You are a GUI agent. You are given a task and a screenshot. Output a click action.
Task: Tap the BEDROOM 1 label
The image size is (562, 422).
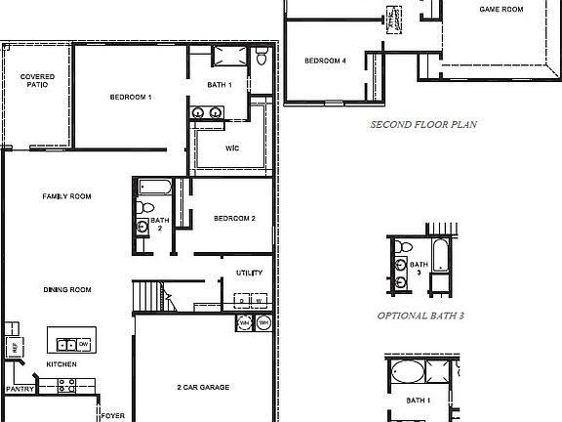tap(130, 97)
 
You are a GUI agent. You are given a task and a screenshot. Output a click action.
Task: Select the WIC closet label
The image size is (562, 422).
tap(232, 148)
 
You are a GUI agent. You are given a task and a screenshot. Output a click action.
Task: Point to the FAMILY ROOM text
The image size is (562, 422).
tap(66, 196)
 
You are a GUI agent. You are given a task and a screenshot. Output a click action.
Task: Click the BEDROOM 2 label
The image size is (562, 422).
tap(234, 218)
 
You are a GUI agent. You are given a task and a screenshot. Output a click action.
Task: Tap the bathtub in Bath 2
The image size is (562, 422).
tap(156, 186)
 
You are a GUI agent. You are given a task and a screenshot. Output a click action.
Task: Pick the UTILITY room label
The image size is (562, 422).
tap(249, 273)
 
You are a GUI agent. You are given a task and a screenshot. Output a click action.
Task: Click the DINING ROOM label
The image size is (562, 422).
tap(66, 290)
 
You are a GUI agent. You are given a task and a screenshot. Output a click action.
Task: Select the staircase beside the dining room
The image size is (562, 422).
tap(149, 294)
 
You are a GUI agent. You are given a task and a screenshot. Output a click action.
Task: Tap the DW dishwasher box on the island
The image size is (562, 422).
tap(84, 344)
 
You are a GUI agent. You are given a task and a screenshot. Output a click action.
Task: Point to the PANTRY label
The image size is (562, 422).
tap(20, 389)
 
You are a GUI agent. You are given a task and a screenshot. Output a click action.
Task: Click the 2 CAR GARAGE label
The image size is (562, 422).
tap(203, 388)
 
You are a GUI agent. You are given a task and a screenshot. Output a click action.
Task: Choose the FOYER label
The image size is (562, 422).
tap(113, 415)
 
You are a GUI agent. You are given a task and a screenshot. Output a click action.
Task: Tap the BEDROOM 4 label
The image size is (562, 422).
tap(325, 61)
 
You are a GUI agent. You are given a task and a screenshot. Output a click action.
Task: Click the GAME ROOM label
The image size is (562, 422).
tap(502, 9)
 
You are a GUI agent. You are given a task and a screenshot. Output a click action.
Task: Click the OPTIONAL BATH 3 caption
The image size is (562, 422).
tap(421, 316)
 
